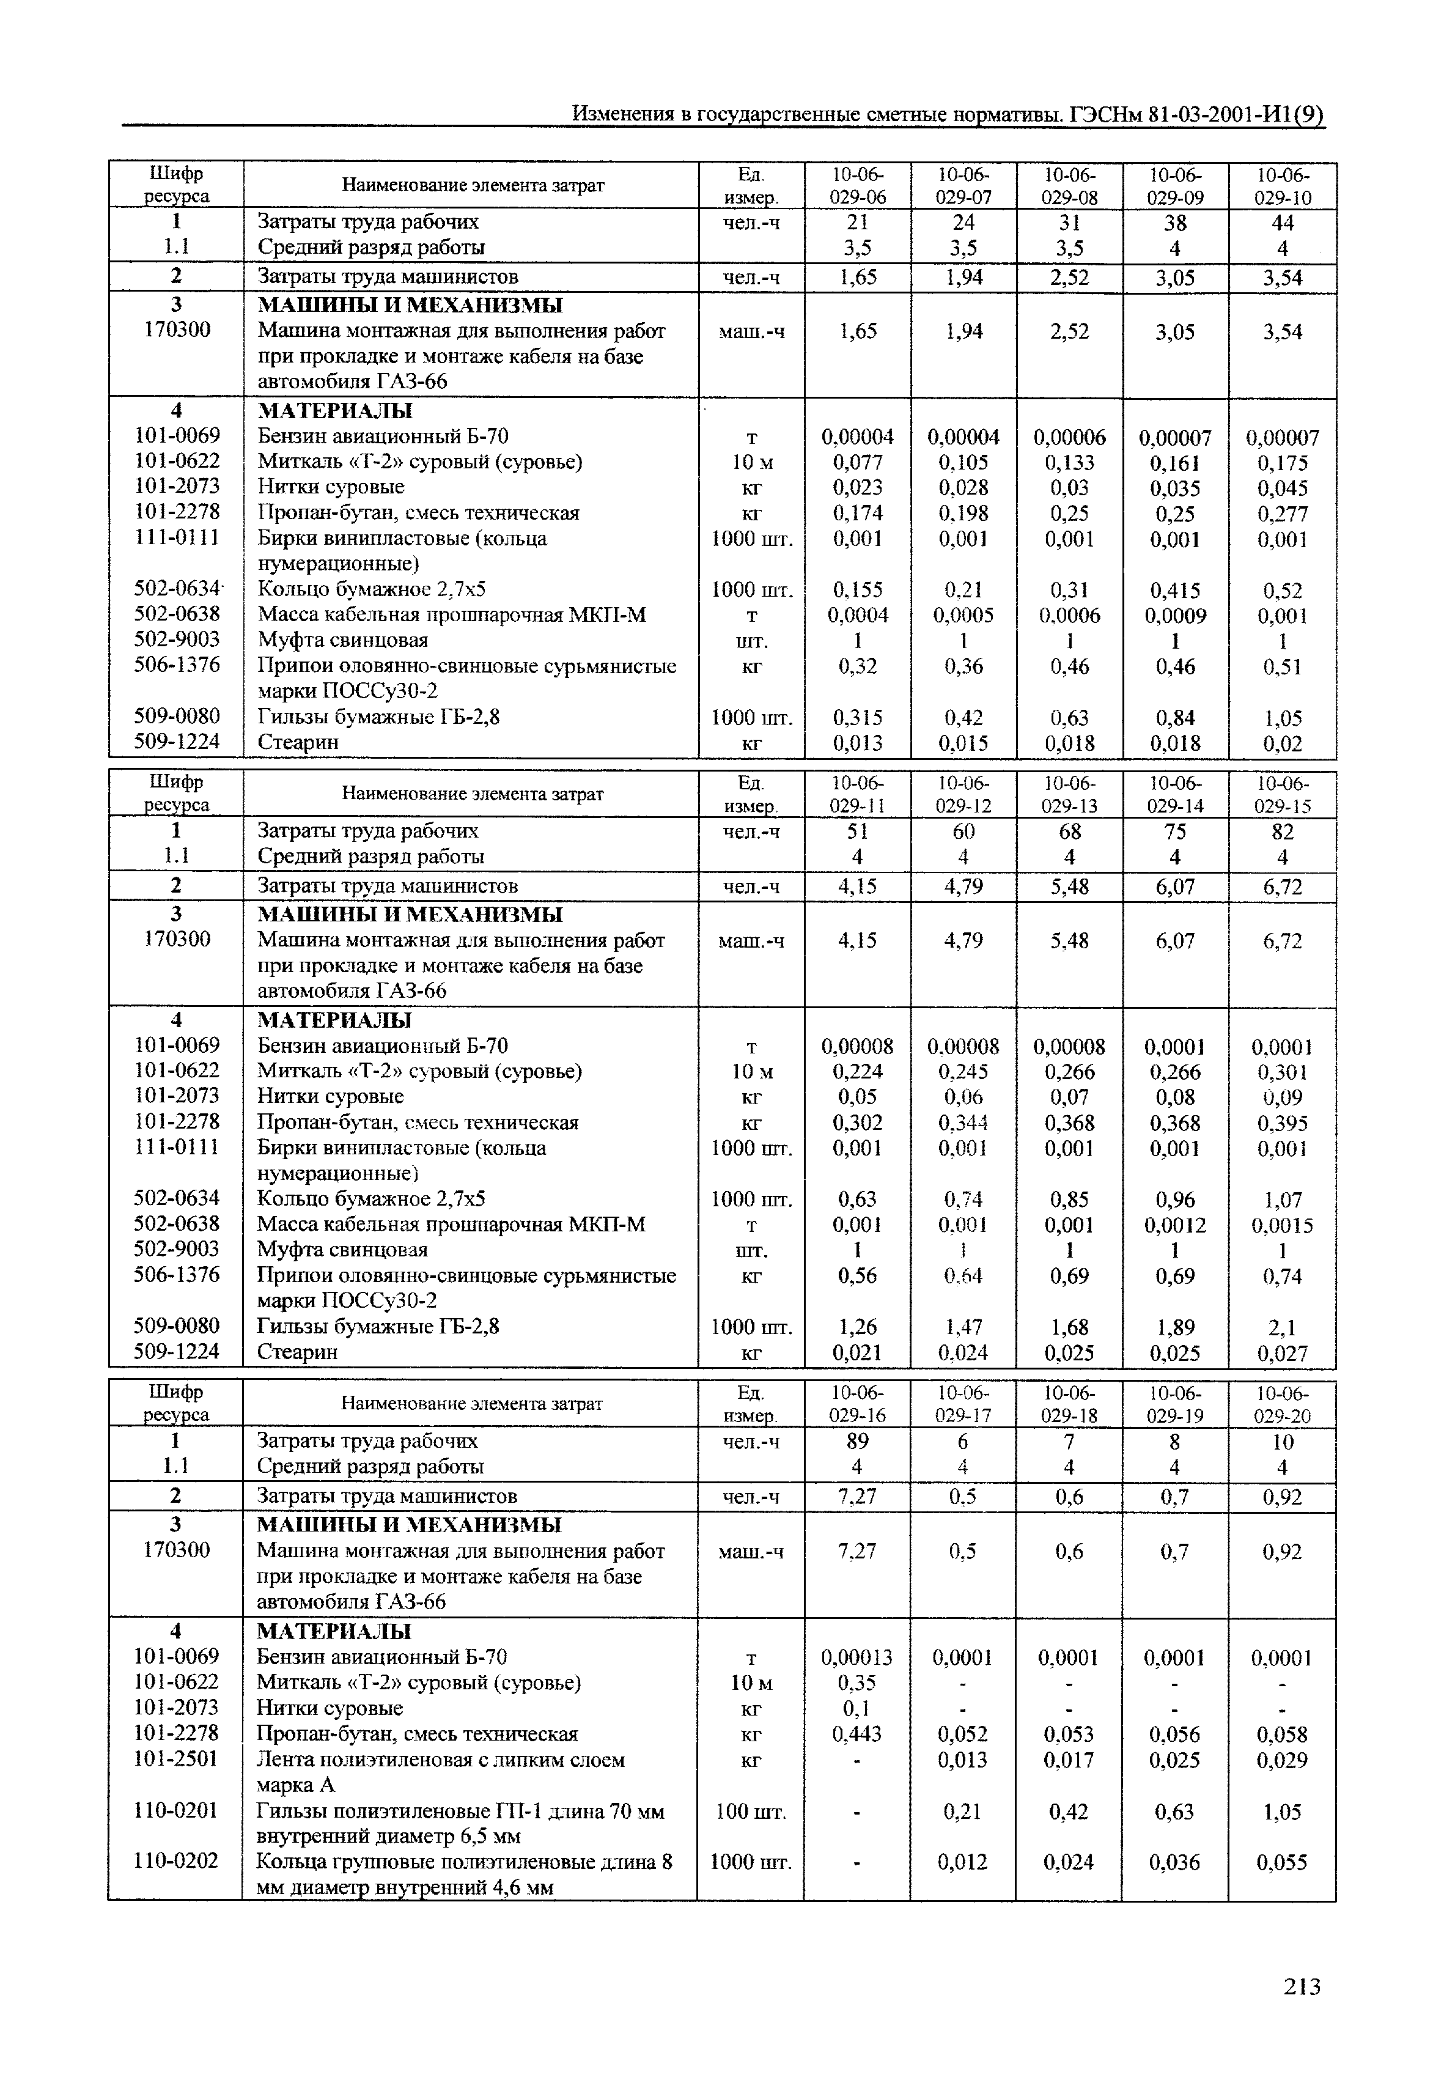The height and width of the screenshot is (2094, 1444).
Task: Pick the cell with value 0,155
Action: pyautogui.click(x=857, y=590)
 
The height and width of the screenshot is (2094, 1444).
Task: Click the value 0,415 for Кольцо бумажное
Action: pyautogui.click(x=1174, y=590)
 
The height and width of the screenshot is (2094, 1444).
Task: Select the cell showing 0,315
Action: pyautogui.click(x=857, y=718)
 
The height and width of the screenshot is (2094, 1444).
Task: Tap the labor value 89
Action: pyautogui.click(x=857, y=1440)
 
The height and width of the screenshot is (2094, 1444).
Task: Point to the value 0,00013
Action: pyautogui.click(x=857, y=1658)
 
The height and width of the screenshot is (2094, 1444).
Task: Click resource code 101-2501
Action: pyautogui.click(x=177, y=1759)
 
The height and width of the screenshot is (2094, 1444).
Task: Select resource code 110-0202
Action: pyautogui.click(x=177, y=1862)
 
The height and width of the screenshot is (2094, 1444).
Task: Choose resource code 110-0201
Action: pyautogui.click(x=177, y=1811)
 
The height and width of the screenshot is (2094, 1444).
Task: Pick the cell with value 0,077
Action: pyautogui.click(x=857, y=462)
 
